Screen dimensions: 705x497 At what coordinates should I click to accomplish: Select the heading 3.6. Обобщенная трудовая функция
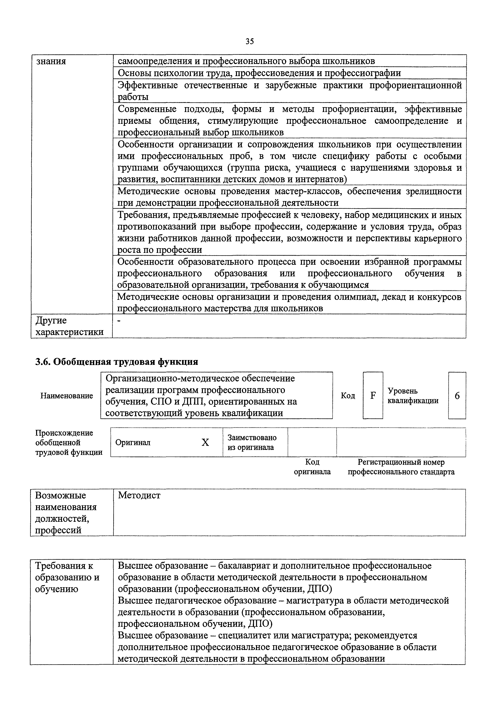coord(116,362)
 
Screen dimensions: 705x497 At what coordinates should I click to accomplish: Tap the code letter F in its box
coord(373,396)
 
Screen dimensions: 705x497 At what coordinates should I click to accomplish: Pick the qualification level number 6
coord(457,396)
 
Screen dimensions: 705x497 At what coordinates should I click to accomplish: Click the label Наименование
coord(67,396)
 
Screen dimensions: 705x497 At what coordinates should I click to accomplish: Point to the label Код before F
coord(348,396)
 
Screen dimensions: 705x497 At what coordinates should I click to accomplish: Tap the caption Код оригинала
coord(312,467)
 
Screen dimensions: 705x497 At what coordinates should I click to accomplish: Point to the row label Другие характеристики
coord(69,326)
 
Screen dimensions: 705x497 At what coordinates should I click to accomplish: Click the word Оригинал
coord(133,443)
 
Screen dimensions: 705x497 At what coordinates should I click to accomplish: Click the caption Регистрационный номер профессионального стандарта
coord(401,467)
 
